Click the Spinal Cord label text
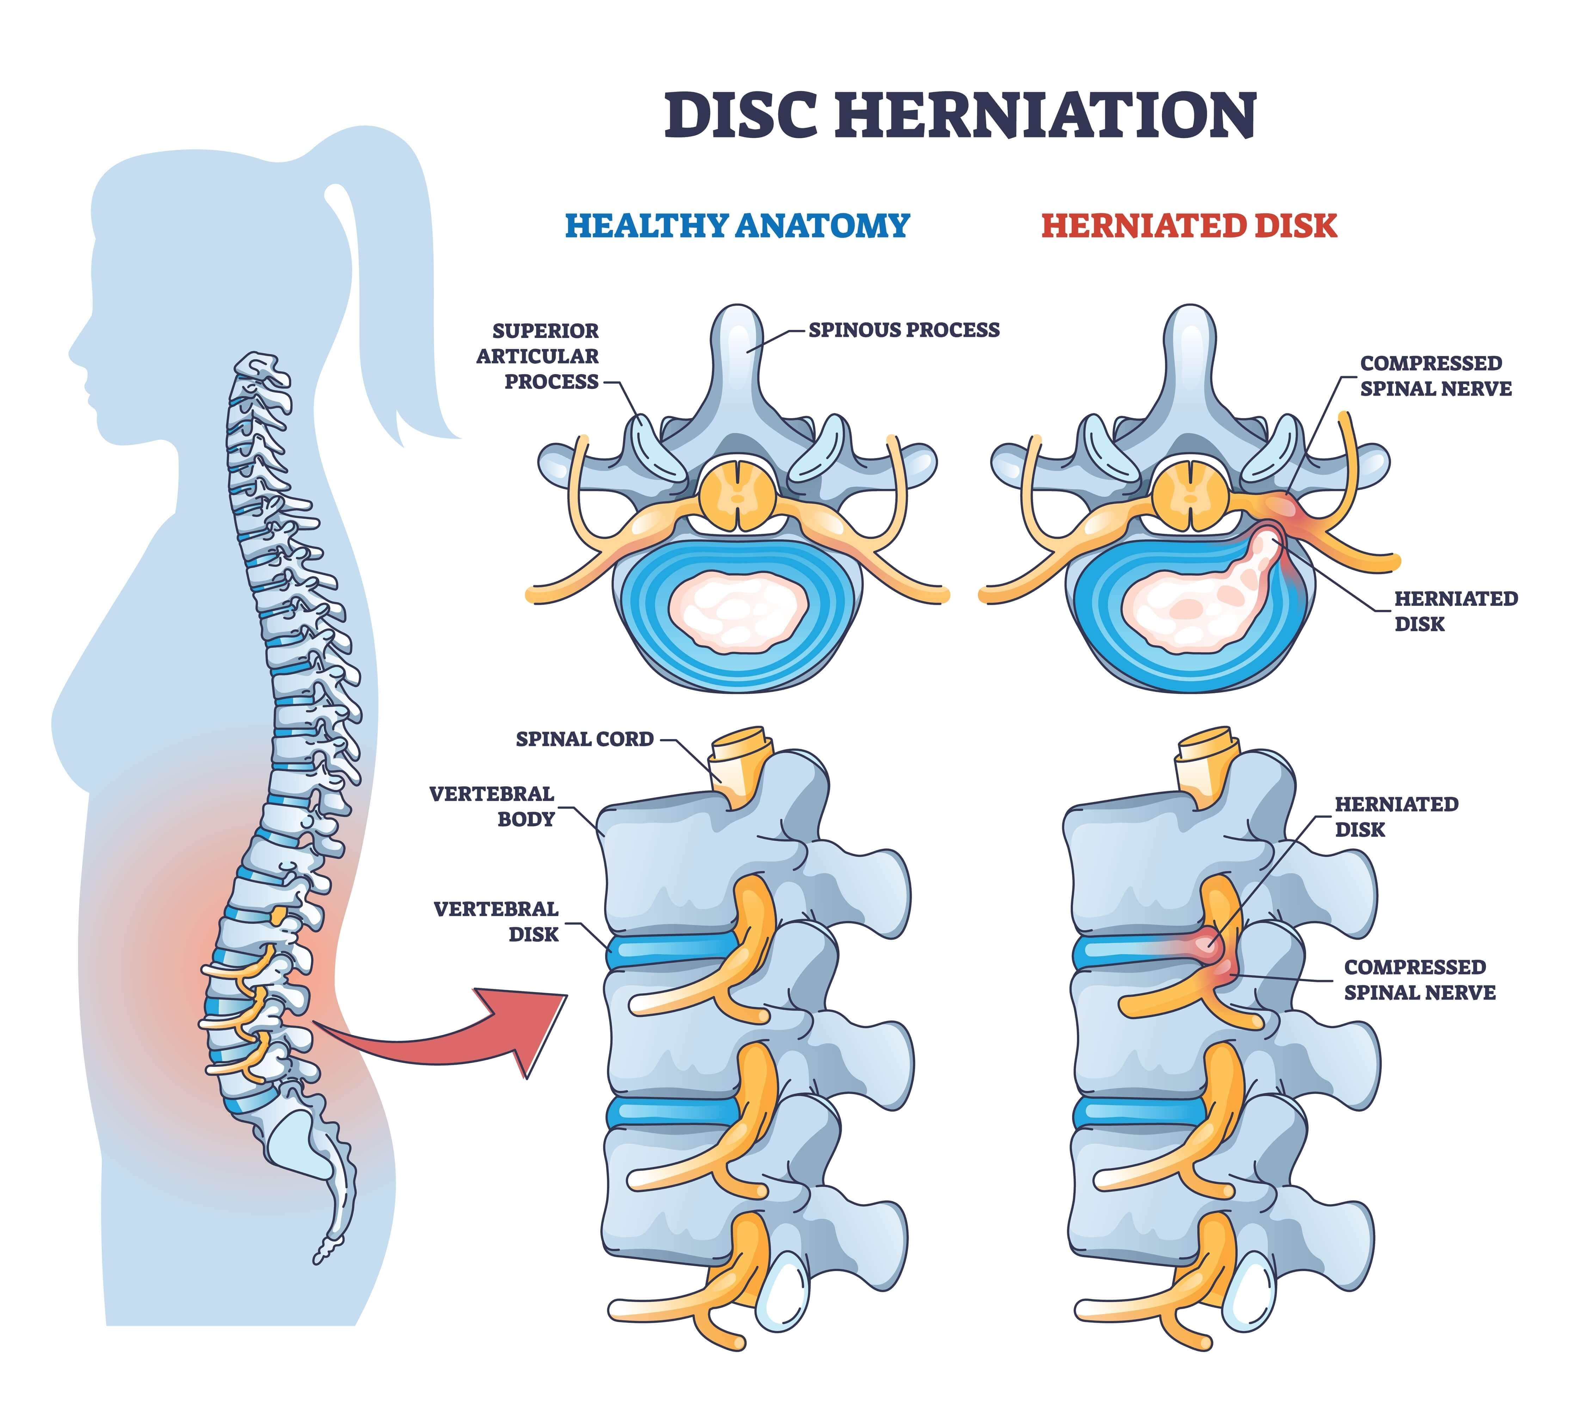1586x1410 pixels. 584,739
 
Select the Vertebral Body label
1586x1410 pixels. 492,806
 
